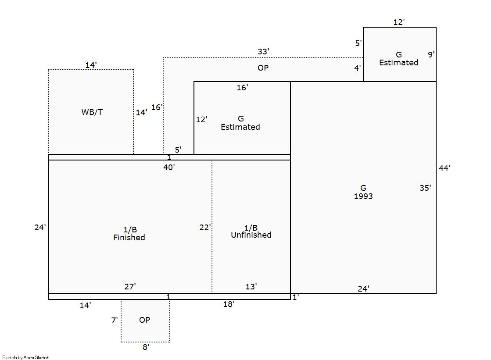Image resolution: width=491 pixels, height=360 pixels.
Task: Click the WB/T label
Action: pyautogui.click(x=92, y=112)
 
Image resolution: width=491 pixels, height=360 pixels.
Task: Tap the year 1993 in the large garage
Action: pyautogui.click(x=363, y=196)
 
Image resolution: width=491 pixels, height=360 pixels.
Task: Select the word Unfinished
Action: pyautogui.click(x=251, y=235)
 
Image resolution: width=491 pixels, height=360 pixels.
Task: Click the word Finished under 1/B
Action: pyautogui.click(x=129, y=238)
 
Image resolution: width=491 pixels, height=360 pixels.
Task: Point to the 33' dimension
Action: pyautogui.click(x=263, y=52)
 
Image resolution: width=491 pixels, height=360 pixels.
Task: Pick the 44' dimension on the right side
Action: pyautogui.click(x=444, y=168)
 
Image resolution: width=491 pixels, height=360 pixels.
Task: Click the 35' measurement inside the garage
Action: pyautogui.click(x=425, y=188)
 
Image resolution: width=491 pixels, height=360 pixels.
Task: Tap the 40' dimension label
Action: pyautogui.click(x=169, y=167)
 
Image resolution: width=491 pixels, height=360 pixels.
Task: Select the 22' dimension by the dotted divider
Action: pyautogui.click(x=205, y=228)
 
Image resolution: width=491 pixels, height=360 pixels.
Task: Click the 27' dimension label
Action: pyautogui.click(x=130, y=287)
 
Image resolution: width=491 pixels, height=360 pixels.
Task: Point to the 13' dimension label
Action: pyautogui.click(x=251, y=287)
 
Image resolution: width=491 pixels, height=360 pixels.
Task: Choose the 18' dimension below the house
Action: pyautogui.click(x=229, y=304)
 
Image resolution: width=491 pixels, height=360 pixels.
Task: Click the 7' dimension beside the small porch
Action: pyautogui.click(x=114, y=321)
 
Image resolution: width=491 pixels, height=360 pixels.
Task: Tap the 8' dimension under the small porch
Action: pyautogui.click(x=146, y=347)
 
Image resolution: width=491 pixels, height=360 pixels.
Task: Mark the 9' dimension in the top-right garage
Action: pyautogui.click(x=431, y=55)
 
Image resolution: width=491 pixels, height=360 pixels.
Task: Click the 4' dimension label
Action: pyautogui.click(x=358, y=68)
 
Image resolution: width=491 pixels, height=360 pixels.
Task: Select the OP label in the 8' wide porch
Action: pyautogui.click(x=144, y=320)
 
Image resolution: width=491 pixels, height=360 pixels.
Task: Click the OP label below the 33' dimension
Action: pyautogui.click(x=263, y=68)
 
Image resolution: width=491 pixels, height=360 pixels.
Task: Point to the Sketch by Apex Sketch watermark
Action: pyautogui.click(x=26, y=357)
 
